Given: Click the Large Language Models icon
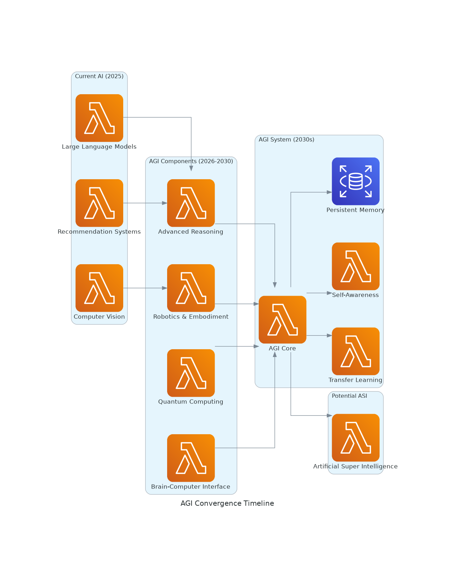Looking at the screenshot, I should point(99,118).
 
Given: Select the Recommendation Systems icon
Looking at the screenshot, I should point(99,203).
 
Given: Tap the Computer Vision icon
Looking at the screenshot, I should point(99,288).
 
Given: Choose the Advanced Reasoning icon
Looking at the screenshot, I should point(191,203).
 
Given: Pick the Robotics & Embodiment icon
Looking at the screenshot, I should point(191,288).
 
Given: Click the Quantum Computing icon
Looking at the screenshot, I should point(191,373).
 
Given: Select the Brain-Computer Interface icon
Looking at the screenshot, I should point(191,458).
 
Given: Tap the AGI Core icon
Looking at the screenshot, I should point(282,319).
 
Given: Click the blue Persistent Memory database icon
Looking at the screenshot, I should point(356,181).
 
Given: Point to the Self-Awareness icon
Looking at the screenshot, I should point(356,266).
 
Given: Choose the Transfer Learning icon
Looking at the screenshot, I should point(356,351).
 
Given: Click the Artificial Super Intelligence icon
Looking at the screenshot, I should point(356,438).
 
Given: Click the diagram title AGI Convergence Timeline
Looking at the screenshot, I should point(227,503).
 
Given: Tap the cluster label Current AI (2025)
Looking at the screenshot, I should point(99,76).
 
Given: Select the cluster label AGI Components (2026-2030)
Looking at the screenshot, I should point(191,161).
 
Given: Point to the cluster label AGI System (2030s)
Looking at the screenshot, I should point(286,140).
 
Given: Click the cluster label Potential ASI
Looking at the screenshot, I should point(349,396).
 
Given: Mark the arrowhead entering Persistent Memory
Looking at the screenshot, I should point(329,192).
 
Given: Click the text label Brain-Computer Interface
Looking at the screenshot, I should point(190,487).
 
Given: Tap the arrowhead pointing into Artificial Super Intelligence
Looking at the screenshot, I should point(329,415).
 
